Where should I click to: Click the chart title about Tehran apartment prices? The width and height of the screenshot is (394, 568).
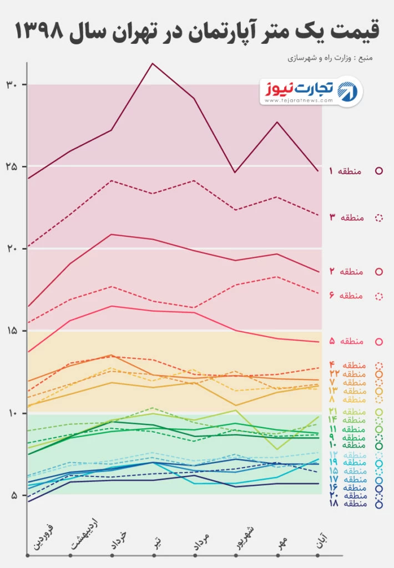click(197, 31)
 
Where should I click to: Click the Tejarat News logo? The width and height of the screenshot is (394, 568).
click(312, 91)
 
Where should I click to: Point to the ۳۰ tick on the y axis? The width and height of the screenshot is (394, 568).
click(13, 84)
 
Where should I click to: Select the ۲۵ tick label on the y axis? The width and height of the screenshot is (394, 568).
click(13, 166)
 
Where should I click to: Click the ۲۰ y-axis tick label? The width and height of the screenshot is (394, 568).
click(13, 248)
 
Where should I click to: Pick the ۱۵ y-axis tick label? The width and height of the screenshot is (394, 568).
click(13, 331)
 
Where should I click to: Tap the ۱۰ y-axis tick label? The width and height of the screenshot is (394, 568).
click(13, 413)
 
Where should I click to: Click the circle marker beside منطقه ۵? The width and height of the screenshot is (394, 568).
click(380, 342)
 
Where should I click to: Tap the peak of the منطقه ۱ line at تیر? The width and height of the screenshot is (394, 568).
click(153, 63)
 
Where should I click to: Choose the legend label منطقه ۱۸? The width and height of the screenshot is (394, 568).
click(356, 504)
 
